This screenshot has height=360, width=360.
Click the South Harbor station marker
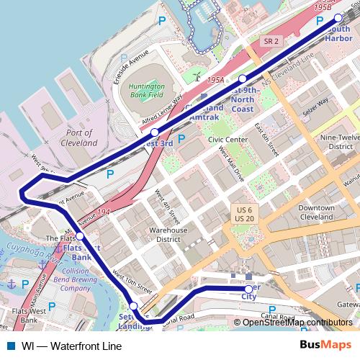click(338, 19)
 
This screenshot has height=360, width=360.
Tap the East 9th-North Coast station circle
click(243, 78)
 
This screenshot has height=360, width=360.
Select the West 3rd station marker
click(154, 132)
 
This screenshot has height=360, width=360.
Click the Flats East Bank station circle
click(79, 235)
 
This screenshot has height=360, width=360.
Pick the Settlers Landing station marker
click(134, 306)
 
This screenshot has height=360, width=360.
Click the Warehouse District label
click(168, 235)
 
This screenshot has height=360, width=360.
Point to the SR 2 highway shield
click(271, 42)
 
